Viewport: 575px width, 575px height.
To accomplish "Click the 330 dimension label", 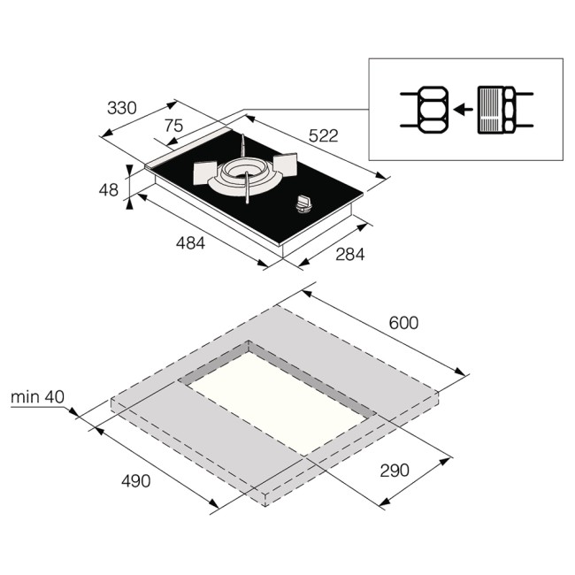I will pyautogui.click(x=121, y=109).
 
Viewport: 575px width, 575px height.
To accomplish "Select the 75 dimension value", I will pyautogui.click(x=173, y=126).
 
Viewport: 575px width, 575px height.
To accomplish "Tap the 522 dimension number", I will pyautogui.click(x=323, y=135).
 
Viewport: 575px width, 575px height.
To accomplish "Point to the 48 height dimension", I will pyautogui.click(x=109, y=189).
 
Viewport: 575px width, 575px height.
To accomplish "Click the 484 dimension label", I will pyautogui.click(x=189, y=243).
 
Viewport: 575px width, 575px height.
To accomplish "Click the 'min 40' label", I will pyautogui.click(x=37, y=397).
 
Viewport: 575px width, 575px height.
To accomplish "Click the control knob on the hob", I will pyautogui.click(x=305, y=205).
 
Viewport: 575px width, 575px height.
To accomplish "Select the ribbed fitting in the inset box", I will pyautogui.click(x=493, y=110).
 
